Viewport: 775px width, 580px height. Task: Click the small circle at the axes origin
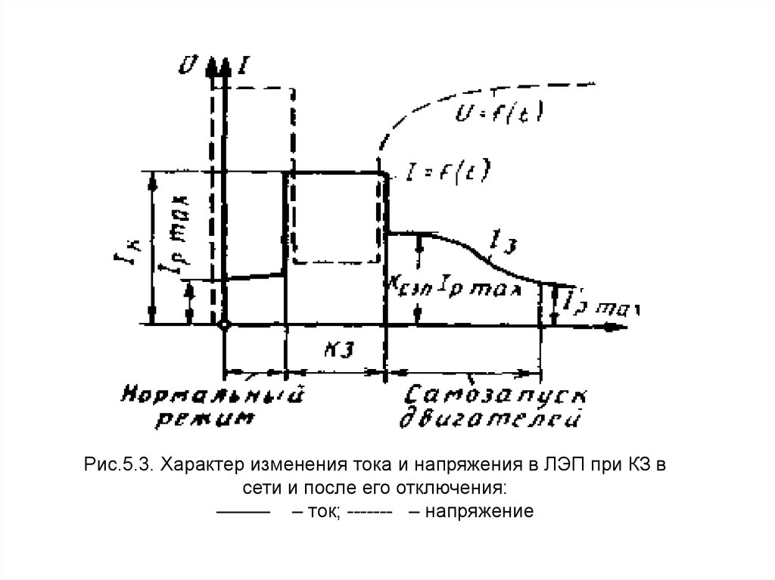[224, 325]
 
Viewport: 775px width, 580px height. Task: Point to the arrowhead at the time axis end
[617, 327]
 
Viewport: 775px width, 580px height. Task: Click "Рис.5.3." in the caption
[118, 464]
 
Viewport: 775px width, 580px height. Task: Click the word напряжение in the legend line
[481, 510]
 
